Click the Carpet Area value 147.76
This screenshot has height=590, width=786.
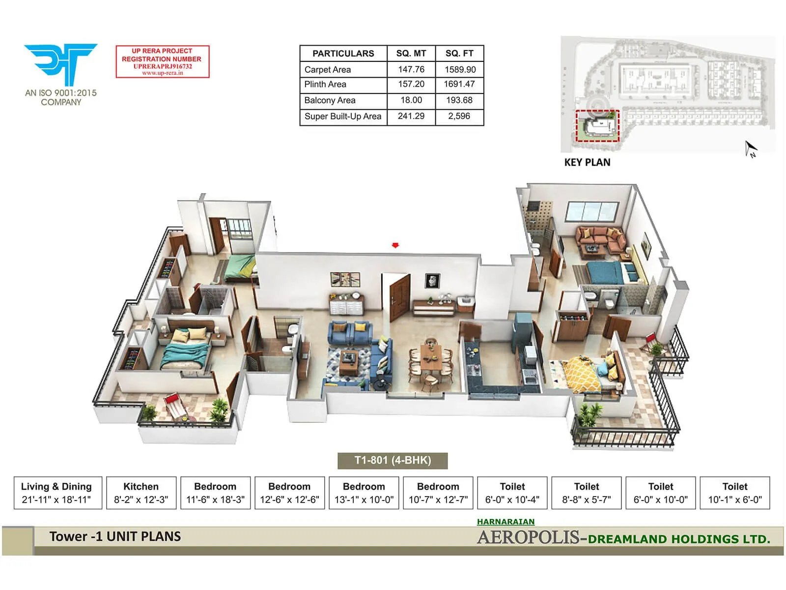pyautogui.click(x=411, y=69)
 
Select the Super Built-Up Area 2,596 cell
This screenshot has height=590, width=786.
pyautogui.click(x=459, y=117)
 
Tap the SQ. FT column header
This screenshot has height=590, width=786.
pyautogui.click(x=459, y=54)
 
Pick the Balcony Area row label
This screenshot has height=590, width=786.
pyautogui.click(x=330, y=100)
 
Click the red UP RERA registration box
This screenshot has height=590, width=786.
pyautogui.click(x=163, y=62)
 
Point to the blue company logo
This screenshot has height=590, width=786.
pyautogui.click(x=60, y=64)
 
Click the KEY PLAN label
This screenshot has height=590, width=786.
pyautogui.click(x=587, y=163)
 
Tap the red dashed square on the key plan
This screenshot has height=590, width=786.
pyautogui.click(x=597, y=125)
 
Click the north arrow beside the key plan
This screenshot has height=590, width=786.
pyautogui.click(x=751, y=148)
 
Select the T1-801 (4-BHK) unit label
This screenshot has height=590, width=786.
pyautogui.click(x=393, y=461)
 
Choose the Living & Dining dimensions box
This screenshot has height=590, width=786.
pyautogui.click(x=57, y=493)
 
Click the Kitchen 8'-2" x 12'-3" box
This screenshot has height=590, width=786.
pyautogui.click(x=141, y=493)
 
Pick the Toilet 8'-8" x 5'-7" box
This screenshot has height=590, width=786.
pyautogui.click(x=587, y=493)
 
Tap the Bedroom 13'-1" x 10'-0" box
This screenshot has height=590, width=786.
pyautogui.click(x=364, y=493)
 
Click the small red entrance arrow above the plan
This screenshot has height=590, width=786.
pyautogui.click(x=395, y=245)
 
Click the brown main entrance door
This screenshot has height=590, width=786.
pyautogui.click(x=400, y=297)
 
